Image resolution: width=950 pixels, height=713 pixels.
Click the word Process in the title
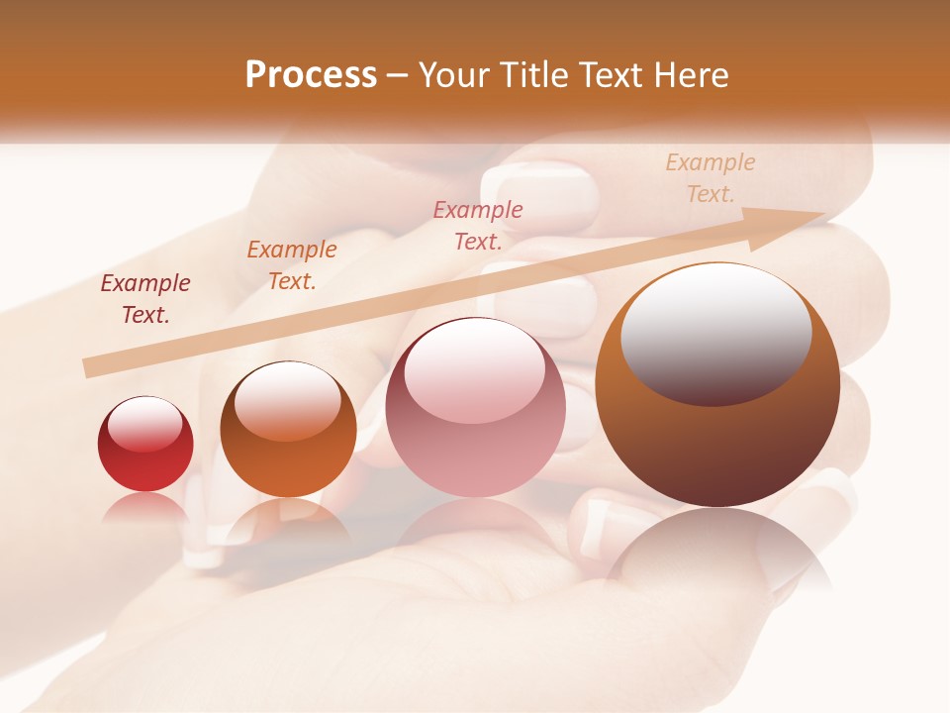[x=311, y=75]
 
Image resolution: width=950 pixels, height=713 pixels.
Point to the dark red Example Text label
[x=145, y=299]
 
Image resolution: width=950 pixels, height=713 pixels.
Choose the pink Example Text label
[x=478, y=225]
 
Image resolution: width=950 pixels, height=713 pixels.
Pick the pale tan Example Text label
[x=710, y=178]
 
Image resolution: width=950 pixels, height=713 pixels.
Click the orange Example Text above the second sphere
[x=291, y=265]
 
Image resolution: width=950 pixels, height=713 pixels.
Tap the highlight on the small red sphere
[x=144, y=424]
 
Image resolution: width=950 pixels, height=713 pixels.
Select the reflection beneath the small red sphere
[x=145, y=507]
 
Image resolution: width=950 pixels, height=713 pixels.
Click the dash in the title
[x=397, y=75]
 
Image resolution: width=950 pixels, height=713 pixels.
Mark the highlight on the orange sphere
[x=287, y=400]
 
